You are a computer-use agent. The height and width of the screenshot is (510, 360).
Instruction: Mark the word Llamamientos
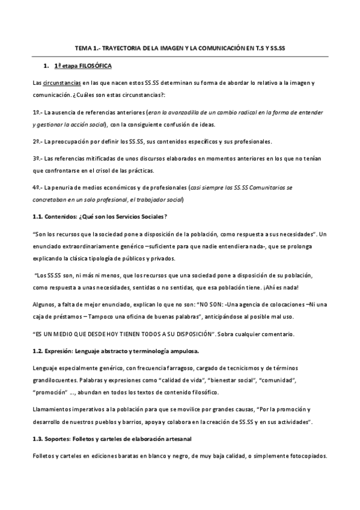pos(51,408)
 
